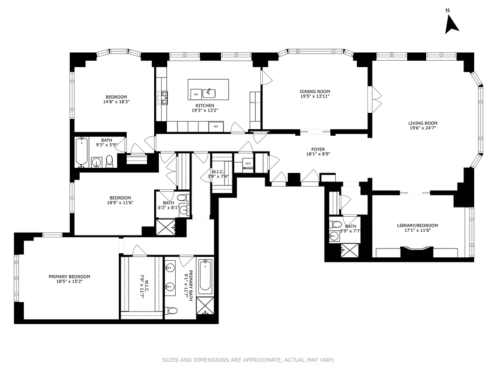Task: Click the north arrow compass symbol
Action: (451, 24)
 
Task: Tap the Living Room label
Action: (423, 124)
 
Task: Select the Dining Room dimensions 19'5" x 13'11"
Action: (314, 97)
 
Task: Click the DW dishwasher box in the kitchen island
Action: (196, 94)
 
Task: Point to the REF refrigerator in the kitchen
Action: (216, 126)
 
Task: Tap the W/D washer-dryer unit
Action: (247, 163)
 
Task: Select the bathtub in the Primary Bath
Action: (205, 277)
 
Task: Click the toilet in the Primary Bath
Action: (171, 311)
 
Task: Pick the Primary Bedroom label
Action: (69, 276)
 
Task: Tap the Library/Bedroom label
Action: (417, 225)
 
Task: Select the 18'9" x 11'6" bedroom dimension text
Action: (120, 203)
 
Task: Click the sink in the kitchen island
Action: (210, 91)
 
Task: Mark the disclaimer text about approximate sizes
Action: (248, 359)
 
